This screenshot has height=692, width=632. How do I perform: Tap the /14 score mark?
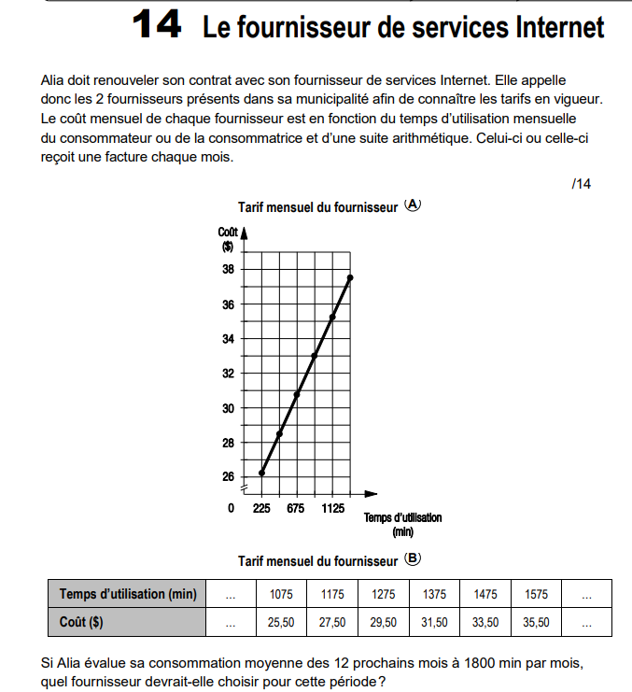point(581,184)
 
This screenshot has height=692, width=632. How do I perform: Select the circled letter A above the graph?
point(413,205)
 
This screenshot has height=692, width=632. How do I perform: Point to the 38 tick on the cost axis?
point(228,269)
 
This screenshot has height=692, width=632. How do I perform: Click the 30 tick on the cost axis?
point(228,408)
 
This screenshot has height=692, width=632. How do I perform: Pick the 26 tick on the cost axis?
point(228,477)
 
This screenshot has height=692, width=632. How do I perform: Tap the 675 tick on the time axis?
point(296,509)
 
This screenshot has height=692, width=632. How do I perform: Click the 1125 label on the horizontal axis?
point(332,509)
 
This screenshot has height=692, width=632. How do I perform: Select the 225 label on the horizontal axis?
point(261,509)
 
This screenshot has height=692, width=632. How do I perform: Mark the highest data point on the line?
point(350,277)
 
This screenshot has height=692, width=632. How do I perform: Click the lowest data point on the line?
point(262,473)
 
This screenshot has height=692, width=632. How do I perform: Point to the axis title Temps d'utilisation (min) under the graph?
point(402,524)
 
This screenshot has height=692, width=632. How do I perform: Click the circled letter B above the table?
point(413,560)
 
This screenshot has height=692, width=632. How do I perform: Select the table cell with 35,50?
point(536,621)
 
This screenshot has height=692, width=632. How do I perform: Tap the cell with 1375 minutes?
point(434,594)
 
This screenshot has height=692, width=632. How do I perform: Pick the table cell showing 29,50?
point(384,621)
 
